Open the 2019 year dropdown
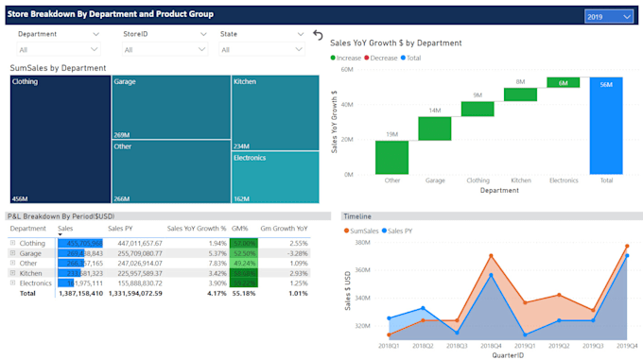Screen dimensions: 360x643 point(608,16)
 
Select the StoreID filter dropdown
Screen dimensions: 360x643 point(164,49)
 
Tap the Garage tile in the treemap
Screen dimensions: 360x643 point(170,108)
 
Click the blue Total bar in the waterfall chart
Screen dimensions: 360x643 point(605,126)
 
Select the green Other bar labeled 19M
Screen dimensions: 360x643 point(391,157)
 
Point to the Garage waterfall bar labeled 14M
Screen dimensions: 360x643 point(435,128)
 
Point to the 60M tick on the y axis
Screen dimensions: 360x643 point(346,69)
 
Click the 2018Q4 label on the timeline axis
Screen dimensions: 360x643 point(490,347)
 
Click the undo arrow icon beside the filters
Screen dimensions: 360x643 point(318,34)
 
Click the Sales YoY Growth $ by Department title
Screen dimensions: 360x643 point(395,43)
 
